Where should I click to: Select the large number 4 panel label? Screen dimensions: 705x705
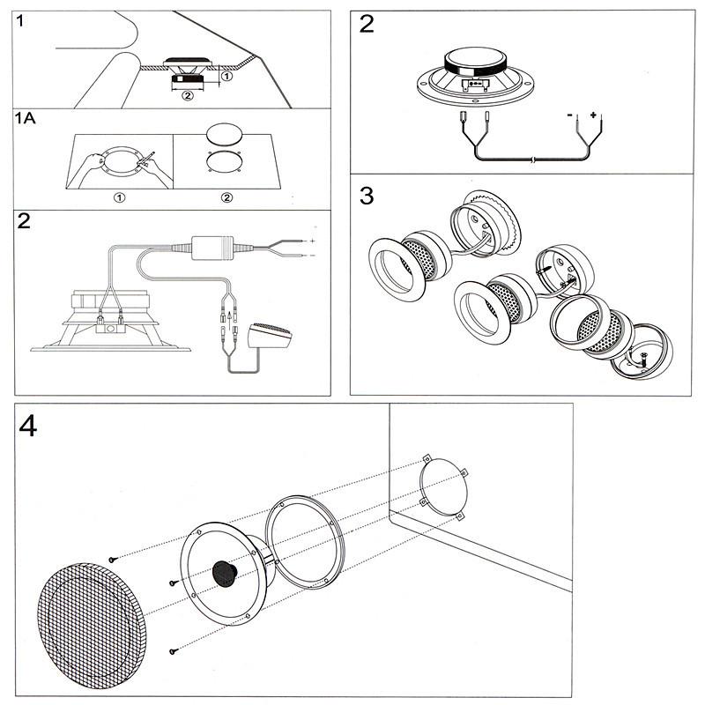click(x=30, y=427)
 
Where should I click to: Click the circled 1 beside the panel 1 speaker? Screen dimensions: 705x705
click(x=226, y=78)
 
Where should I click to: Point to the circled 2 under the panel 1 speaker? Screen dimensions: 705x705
click(x=187, y=97)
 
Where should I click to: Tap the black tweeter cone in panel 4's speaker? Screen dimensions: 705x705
click(x=226, y=575)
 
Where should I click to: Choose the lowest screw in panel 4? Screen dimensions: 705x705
click(x=174, y=651)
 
